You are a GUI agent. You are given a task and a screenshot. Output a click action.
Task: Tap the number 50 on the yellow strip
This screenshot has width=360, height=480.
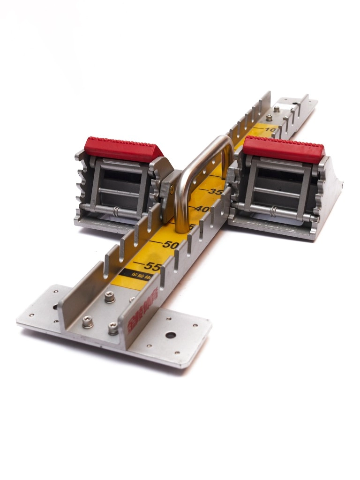click(171, 244)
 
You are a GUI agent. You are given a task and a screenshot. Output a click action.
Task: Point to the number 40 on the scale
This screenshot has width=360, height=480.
click(202, 209)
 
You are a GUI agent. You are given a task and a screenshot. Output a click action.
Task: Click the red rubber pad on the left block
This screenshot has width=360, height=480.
click(123, 149)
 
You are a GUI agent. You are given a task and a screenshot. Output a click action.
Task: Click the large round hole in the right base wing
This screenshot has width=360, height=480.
click(171, 336)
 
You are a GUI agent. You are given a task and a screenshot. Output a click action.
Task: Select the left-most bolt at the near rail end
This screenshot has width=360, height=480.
click(87, 322)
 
